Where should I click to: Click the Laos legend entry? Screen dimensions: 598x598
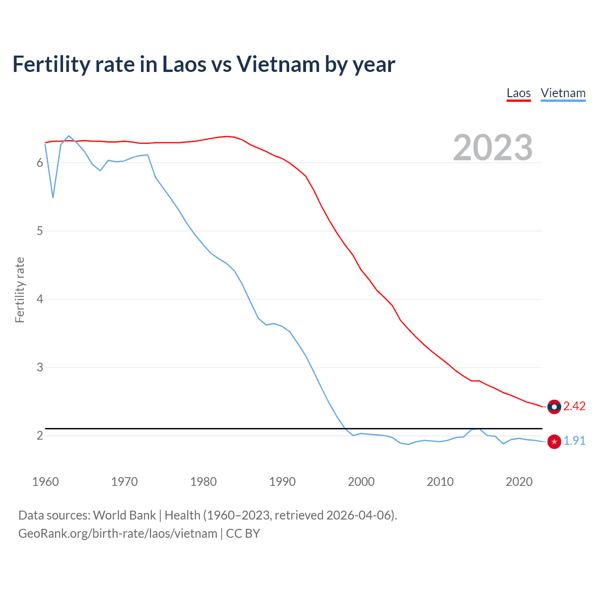tap(519, 93)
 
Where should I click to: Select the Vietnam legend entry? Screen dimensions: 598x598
tap(563, 93)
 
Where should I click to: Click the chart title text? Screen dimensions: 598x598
tap(204, 64)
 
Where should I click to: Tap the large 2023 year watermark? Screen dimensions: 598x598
tap(492, 148)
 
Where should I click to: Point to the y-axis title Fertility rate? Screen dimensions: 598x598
tap(20, 290)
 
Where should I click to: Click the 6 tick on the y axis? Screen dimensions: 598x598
tap(40, 163)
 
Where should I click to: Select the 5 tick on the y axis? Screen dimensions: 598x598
tap(40, 231)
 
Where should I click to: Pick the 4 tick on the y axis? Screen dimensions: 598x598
tap(40, 299)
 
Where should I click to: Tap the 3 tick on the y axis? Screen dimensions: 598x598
tap(40, 367)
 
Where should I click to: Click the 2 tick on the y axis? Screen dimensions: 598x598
tap(40, 435)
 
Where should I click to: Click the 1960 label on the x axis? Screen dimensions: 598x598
tap(45, 482)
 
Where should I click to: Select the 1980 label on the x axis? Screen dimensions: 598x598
tap(203, 482)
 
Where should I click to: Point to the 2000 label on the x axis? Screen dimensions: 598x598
tap(361, 482)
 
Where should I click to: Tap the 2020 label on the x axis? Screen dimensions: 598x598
tap(519, 482)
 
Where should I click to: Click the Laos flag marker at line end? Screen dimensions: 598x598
tap(554, 407)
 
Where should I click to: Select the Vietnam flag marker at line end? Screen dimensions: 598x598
tap(554, 441)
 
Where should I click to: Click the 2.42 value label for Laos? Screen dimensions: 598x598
tap(574, 406)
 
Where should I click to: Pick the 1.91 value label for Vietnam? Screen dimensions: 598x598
tap(574, 441)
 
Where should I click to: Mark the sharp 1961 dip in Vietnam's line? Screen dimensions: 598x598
tap(53, 198)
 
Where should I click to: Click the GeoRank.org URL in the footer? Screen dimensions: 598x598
tap(118, 534)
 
